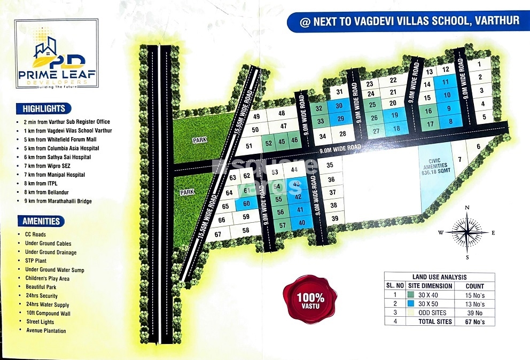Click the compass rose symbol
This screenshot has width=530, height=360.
pyautogui.click(x=467, y=232)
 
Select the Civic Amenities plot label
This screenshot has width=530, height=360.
pyautogui.click(x=433, y=168)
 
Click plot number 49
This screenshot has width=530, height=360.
pyautogui.click(x=256, y=117)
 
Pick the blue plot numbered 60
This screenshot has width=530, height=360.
pyautogui.click(x=246, y=204)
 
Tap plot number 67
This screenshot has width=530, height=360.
pyautogui.click(x=217, y=234)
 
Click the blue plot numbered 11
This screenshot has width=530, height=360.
pyautogui.click(x=445, y=82)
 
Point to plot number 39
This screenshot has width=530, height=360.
pyautogui.click(x=334, y=218)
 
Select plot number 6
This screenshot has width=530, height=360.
pyautogui.click(x=478, y=147)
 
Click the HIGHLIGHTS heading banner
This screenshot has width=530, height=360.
pyautogui.click(x=44, y=108)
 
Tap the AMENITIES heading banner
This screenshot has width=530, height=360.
pyautogui.click(x=41, y=221)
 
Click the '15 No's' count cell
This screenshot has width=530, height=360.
pyautogui.click(x=474, y=295)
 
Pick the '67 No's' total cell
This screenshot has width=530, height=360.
pyautogui.click(x=474, y=322)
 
